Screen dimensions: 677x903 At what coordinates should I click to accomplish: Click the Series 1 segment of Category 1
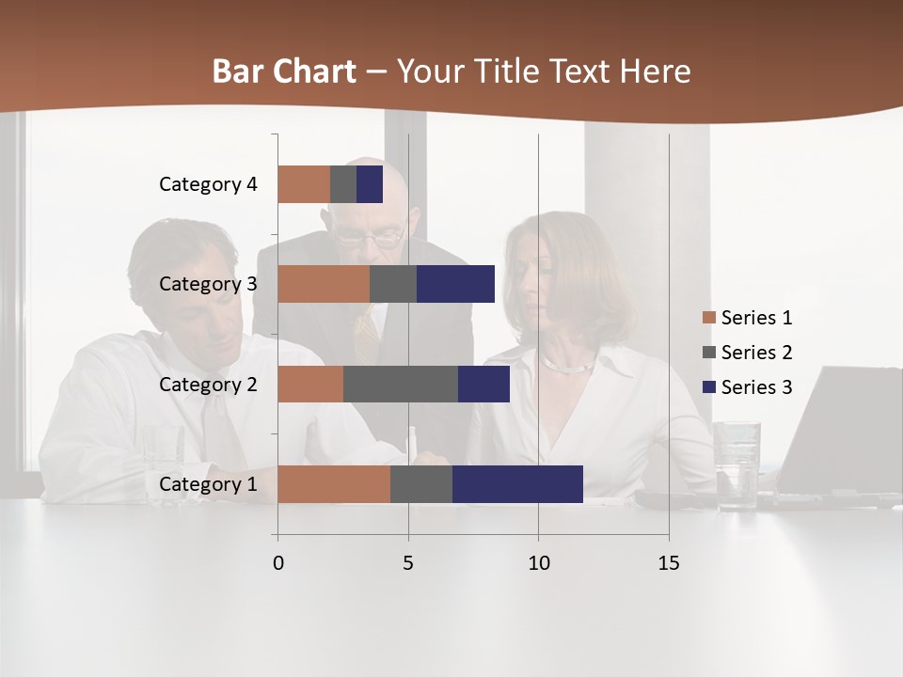point(334,484)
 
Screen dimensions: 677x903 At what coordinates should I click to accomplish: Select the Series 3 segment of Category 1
point(517,484)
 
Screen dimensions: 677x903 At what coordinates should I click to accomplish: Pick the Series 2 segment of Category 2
point(401,384)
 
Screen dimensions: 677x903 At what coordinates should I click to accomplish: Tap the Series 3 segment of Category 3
point(455,284)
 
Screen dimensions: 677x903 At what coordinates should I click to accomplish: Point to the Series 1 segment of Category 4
point(304,184)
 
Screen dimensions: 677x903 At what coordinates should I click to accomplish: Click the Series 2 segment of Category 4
point(343,184)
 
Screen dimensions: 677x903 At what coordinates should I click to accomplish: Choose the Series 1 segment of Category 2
point(310,384)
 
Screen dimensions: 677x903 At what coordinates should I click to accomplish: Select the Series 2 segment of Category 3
point(393,284)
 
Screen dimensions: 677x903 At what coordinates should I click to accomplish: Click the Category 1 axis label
point(208,484)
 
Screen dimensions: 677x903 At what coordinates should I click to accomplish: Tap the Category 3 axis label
point(208,284)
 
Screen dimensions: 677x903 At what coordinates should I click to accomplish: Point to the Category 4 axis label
point(208,184)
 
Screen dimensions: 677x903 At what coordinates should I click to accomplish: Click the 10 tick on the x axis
point(538,563)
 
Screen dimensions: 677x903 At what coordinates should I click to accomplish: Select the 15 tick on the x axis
point(669,563)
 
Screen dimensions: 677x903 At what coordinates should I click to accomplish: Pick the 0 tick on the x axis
point(277,563)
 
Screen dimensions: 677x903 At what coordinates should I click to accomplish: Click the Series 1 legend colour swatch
point(708,318)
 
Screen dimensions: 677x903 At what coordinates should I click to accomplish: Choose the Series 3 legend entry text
point(756,387)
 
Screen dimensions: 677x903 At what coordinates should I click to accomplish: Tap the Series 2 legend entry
point(748,353)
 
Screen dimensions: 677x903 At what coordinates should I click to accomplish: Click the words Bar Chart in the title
point(284,71)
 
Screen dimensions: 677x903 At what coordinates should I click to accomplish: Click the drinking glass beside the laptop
point(737,464)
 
